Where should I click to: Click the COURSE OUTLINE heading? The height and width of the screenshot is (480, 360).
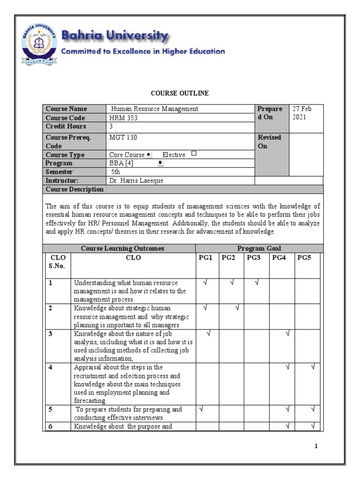pyautogui.click(x=180, y=93)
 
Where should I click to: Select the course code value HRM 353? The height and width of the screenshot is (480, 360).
pyautogui.click(x=124, y=118)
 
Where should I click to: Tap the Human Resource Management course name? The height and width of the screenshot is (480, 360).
pyautogui.click(x=155, y=109)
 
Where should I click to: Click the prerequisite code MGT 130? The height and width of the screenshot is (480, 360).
pyautogui.click(x=123, y=137)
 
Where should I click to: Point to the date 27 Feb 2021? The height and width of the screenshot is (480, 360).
pyautogui.click(x=302, y=113)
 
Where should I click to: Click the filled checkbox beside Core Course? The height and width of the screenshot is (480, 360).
pyautogui.click(x=149, y=154)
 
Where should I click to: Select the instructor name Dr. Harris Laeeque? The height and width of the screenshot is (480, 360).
pyautogui.click(x=136, y=180)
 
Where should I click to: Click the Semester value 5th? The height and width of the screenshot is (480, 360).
pyautogui.click(x=115, y=172)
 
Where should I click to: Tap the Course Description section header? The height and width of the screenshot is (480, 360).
pyautogui.click(x=75, y=189)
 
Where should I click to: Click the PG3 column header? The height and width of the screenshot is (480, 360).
pyautogui.click(x=253, y=257)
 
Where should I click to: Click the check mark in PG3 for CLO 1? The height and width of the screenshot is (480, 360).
pyautogui.click(x=256, y=283)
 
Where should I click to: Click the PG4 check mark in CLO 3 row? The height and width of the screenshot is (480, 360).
pyautogui.click(x=288, y=333)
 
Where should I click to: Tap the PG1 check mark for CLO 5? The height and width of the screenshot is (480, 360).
pyautogui.click(x=202, y=409)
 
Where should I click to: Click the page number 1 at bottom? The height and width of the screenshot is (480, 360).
pyautogui.click(x=316, y=446)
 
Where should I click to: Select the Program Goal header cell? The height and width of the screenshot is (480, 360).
pyautogui.click(x=259, y=248)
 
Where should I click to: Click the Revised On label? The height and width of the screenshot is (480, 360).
pyautogui.click(x=269, y=142)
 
